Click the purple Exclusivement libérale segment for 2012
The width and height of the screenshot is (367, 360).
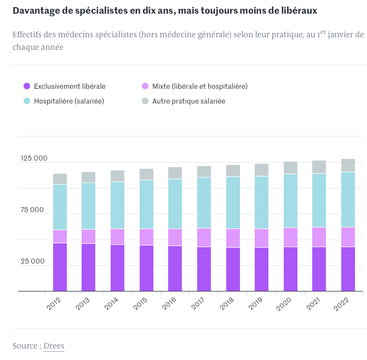pos(60,267)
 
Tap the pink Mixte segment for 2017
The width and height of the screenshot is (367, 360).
pos(204,237)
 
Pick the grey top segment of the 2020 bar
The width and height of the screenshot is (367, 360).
pos(290,168)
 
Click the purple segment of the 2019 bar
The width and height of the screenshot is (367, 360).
pos(261,269)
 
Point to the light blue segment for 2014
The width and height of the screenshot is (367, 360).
pos(117,205)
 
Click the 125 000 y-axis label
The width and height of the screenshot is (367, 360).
pos(35,158)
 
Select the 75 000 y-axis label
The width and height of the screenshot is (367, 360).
pos(32,210)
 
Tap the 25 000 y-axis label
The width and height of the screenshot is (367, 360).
pos(32,261)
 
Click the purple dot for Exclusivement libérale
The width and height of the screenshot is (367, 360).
pos(26,86)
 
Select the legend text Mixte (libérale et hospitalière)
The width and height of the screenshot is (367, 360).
pos(200,86)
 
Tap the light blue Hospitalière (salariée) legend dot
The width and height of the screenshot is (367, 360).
pos(26,101)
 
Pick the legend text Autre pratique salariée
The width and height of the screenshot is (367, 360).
pos(188,101)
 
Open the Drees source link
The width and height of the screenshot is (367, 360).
pos(54,346)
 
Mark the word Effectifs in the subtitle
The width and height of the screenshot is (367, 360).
pos(30,35)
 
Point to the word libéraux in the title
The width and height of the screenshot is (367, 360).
pos(297,10)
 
